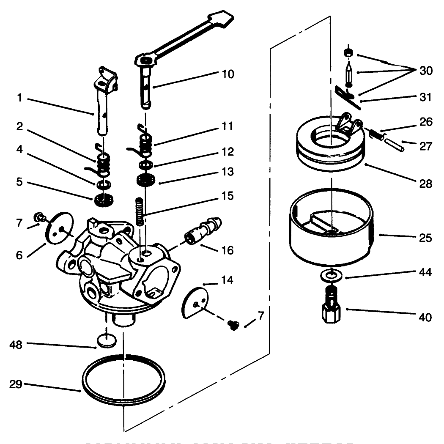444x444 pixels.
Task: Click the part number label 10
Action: click(227, 74)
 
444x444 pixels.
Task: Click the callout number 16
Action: click(227, 251)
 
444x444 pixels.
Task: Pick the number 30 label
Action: click(426, 71)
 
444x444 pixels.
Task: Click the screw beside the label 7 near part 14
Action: click(232, 324)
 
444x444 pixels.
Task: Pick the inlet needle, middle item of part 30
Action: click(348, 73)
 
